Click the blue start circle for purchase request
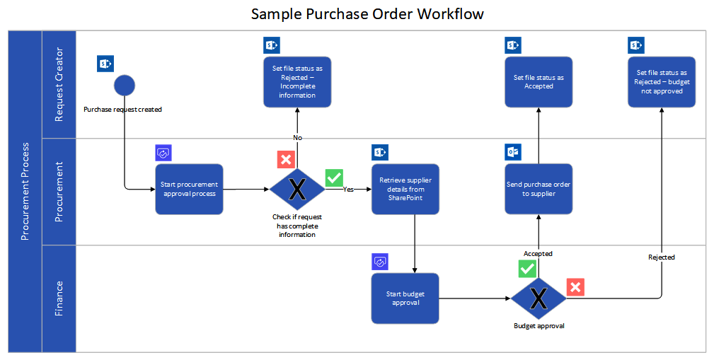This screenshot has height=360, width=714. click(x=125, y=85)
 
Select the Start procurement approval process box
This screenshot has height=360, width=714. click(x=189, y=189)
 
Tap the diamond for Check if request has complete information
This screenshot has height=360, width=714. click(x=297, y=189)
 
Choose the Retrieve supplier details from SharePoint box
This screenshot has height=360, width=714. click(x=405, y=189)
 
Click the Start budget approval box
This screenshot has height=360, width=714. click(x=405, y=298)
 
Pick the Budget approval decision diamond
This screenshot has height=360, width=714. click(x=539, y=298)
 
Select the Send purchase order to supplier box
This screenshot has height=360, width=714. click(x=539, y=189)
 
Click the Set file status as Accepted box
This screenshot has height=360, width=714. click(x=539, y=82)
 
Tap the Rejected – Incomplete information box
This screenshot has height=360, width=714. click(x=297, y=82)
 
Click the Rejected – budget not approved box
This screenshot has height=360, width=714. click(x=662, y=82)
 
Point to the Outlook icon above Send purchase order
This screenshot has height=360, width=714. click(x=513, y=152)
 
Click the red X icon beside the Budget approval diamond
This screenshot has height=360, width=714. click(x=575, y=287)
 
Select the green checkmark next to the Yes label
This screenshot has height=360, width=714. click(x=334, y=178)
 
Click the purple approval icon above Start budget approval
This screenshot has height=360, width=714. click(x=381, y=262)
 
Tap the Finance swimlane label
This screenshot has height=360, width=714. click(x=59, y=298)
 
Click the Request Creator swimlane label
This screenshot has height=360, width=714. click(x=59, y=84)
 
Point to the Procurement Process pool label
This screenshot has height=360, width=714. click(x=25, y=191)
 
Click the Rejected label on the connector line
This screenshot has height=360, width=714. click(x=662, y=257)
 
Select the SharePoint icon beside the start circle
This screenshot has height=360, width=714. click(x=105, y=64)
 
